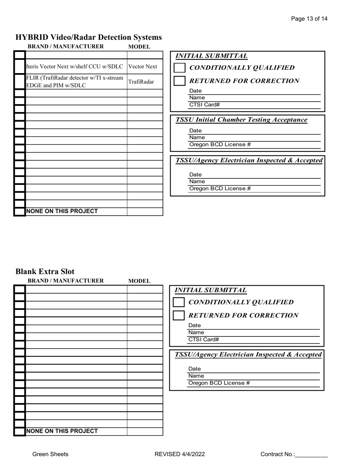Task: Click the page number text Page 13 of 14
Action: [309, 19]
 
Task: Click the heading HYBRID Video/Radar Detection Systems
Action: [89, 37]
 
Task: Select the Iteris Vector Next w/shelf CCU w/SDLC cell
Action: [75, 67]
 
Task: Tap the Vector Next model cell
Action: [142, 67]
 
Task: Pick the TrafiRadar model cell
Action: [141, 82]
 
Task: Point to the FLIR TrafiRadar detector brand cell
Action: [75, 81]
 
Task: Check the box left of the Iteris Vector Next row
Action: [20, 67]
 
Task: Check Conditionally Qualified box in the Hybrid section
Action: [179, 68]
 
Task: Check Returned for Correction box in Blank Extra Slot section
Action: [178, 315]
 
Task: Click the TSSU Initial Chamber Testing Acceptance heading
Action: [242, 120]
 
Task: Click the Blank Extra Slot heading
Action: [45, 272]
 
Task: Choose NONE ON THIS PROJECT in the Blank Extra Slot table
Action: [62, 431]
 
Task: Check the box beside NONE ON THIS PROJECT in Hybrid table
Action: [20, 211]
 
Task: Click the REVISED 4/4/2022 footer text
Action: [180, 454]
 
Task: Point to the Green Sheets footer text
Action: [50, 454]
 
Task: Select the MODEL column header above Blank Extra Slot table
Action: [139, 281]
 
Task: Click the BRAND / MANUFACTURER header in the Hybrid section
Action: [66, 47]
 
